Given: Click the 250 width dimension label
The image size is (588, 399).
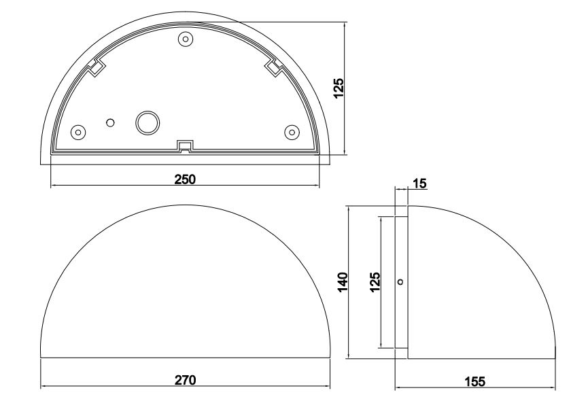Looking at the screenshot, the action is [185, 179].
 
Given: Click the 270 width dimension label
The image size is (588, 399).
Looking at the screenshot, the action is [185, 380].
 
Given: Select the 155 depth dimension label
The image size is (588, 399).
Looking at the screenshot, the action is [474, 382].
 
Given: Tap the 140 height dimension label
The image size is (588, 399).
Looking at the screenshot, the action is [343, 282].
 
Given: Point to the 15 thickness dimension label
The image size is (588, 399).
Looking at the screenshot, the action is [419, 184].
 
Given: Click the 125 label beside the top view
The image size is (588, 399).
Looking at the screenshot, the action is [339, 88].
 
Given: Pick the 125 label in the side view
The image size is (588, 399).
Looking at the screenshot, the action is [375, 282].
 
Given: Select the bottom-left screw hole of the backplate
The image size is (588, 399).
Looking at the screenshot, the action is [78, 132].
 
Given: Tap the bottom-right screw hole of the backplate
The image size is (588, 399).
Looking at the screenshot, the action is [292, 132].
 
